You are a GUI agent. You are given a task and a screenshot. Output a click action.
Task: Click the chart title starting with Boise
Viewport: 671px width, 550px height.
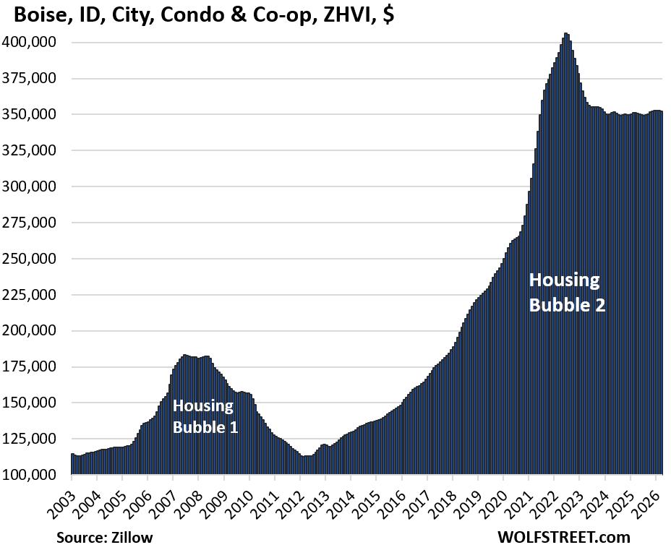(x=199, y=16)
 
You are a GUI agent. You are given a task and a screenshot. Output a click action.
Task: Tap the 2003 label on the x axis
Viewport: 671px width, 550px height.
(x=72, y=499)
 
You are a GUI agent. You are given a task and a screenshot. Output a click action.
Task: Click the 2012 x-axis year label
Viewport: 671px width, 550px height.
(x=300, y=499)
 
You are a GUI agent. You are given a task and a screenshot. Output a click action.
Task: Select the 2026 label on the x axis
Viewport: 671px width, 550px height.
(x=656, y=499)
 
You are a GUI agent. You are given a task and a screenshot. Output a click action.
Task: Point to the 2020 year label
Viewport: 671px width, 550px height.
(x=503, y=499)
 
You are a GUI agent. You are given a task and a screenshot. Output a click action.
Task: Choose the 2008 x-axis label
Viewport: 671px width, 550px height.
(x=199, y=499)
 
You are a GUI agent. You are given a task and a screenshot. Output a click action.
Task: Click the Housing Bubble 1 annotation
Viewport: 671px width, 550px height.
(x=205, y=416)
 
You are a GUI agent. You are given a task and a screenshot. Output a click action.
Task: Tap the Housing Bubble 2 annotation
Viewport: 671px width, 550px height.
(x=567, y=292)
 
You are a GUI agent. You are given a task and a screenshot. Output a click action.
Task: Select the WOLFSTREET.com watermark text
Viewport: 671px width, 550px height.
(x=563, y=537)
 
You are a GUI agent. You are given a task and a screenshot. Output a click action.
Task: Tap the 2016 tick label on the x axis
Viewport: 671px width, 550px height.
(x=402, y=499)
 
